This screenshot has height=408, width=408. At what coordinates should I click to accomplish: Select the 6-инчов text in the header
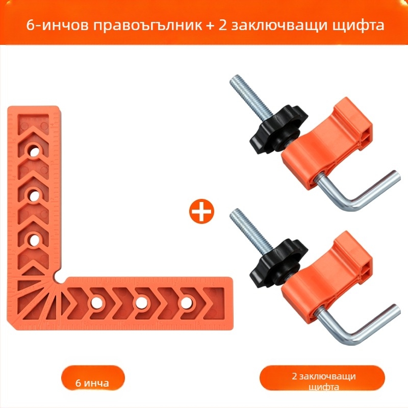(57, 25)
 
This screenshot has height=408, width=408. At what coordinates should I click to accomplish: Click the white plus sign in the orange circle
(201, 211)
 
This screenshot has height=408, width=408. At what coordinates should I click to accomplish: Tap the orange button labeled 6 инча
(93, 378)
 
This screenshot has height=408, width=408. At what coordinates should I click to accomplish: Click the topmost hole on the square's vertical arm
(34, 151)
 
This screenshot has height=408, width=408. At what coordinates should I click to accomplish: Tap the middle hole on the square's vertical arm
(34, 196)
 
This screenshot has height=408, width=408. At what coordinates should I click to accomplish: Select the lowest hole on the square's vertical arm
(34, 240)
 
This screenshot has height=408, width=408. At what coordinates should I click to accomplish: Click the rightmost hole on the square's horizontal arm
(185, 302)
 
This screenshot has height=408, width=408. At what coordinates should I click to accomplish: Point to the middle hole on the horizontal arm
(141, 302)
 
